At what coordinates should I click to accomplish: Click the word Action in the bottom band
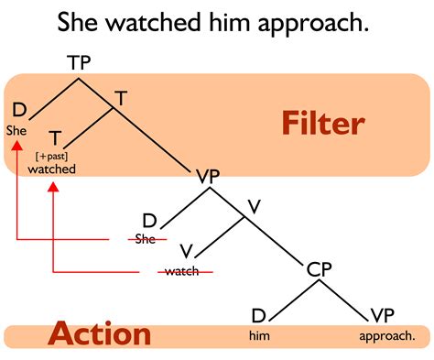100,334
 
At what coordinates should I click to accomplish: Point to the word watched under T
51,169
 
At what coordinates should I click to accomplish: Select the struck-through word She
145,240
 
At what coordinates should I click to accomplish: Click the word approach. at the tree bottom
381,336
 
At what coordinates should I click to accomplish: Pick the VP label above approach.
381,317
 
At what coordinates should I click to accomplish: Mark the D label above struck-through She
149,220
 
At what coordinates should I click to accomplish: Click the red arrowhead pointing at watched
53,186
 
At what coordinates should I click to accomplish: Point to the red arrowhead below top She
17,142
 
